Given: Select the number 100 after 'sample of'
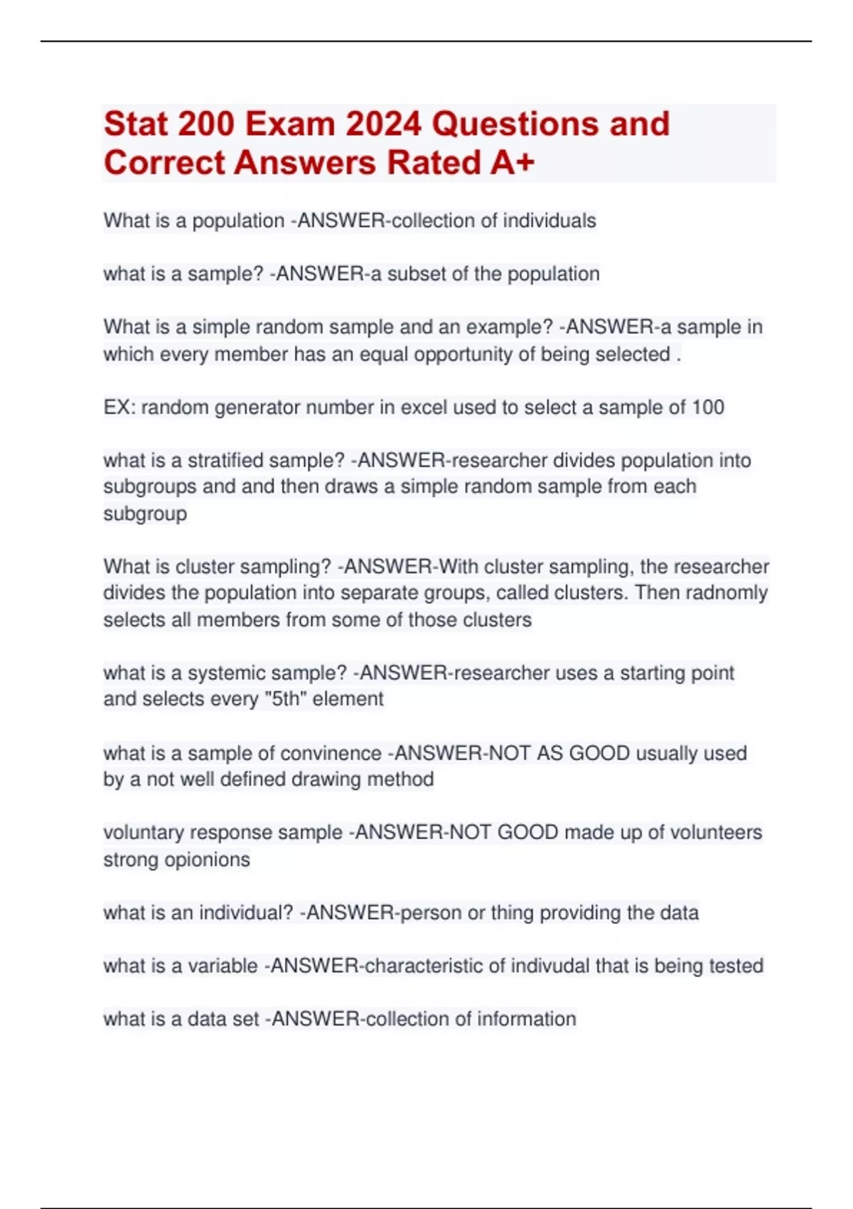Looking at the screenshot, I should [707, 408].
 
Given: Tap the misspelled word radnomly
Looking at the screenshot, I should [727, 593].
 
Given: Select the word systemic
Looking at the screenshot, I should [227, 673].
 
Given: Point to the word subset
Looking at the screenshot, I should [419, 275].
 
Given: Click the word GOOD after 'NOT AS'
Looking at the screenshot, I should [599, 753].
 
